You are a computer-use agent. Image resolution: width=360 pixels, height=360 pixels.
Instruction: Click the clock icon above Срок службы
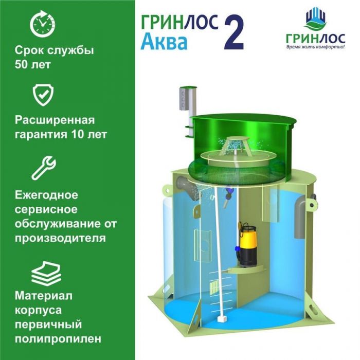pyautogui.click(x=43, y=24)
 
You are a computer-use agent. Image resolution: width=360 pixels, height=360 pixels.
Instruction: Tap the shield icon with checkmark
pyautogui.click(x=43, y=95)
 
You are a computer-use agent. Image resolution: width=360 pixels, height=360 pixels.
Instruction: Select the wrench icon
pyautogui.click(x=44, y=168)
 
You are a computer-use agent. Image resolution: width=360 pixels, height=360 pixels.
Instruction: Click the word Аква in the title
pyautogui.click(x=164, y=42)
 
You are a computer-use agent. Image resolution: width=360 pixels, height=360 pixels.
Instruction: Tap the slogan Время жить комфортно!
pyautogui.click(x=315, y=47)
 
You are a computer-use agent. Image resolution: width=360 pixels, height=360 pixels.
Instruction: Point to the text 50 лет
pyautogui.click(x=32, y=64)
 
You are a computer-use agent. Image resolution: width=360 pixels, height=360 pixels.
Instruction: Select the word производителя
pyautogui.click(x=60, y=238)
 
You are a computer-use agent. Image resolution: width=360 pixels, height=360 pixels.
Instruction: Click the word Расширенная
pyautogui.click(x=55, y=120)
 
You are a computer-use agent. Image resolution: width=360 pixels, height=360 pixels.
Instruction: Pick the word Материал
pyautogui.click(x=44, y=296)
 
